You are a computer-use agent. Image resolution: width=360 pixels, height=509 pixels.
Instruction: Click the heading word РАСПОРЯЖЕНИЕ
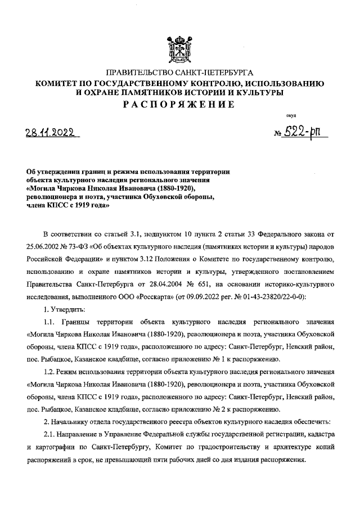[179, 105]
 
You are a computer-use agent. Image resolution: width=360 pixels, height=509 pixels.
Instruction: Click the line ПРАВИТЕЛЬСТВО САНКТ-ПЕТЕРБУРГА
[179, 73]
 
